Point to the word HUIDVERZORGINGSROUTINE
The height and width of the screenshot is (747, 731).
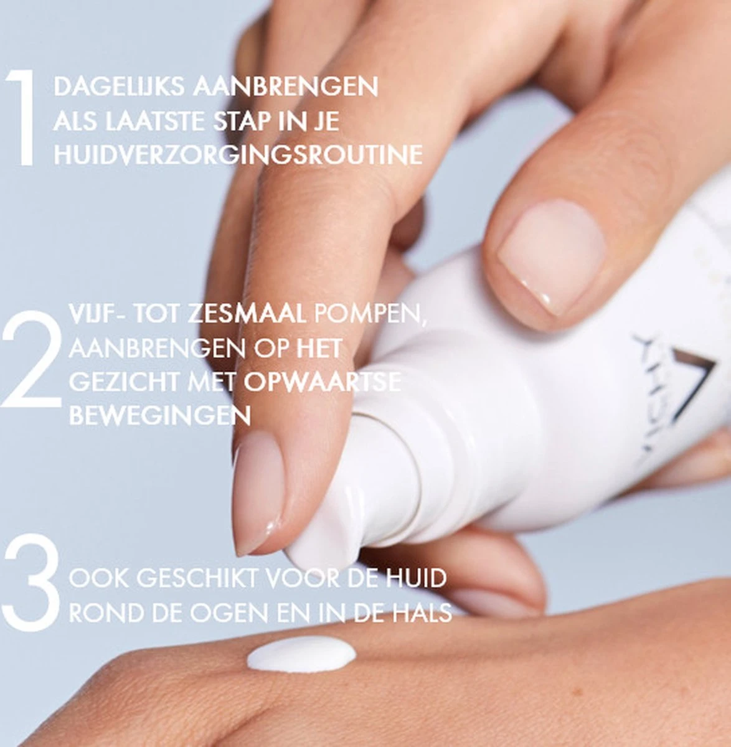point(238,155)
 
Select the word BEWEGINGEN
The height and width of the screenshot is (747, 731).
point(159,415)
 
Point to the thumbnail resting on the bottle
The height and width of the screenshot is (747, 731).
point(551,255)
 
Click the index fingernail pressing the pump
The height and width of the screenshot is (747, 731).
point(258,492)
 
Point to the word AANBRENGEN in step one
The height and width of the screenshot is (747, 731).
point(285,87)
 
